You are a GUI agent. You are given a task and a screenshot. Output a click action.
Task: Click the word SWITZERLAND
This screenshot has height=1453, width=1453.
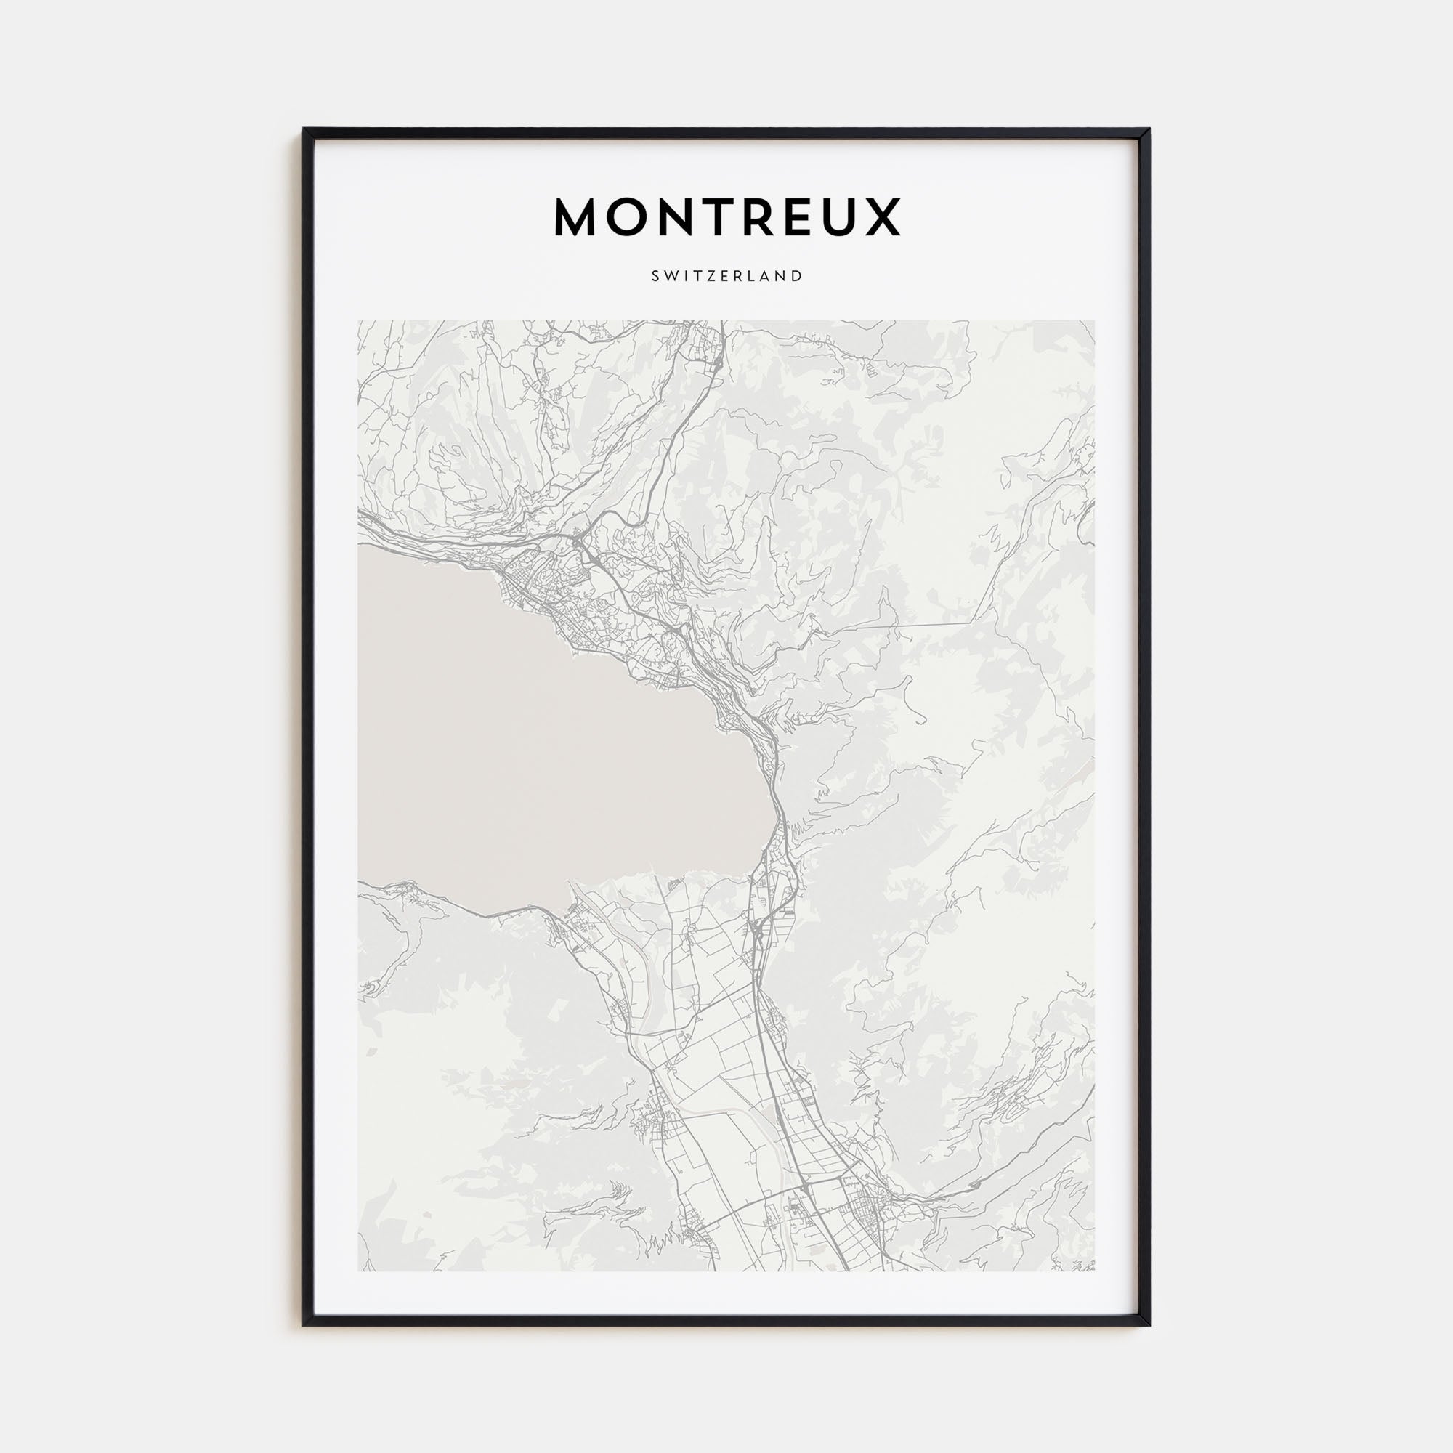pyautogui.click(x=726, y=276)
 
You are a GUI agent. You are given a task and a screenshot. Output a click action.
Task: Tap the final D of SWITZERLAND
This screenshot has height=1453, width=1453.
pyautogui.click(x=798, y=276)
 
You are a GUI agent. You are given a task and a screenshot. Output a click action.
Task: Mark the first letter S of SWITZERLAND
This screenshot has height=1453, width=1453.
pyautogui.click(x=656, y=276)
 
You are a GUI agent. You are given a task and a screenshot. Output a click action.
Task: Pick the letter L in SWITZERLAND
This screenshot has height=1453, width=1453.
pyautogui.click(x=753, y=276)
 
